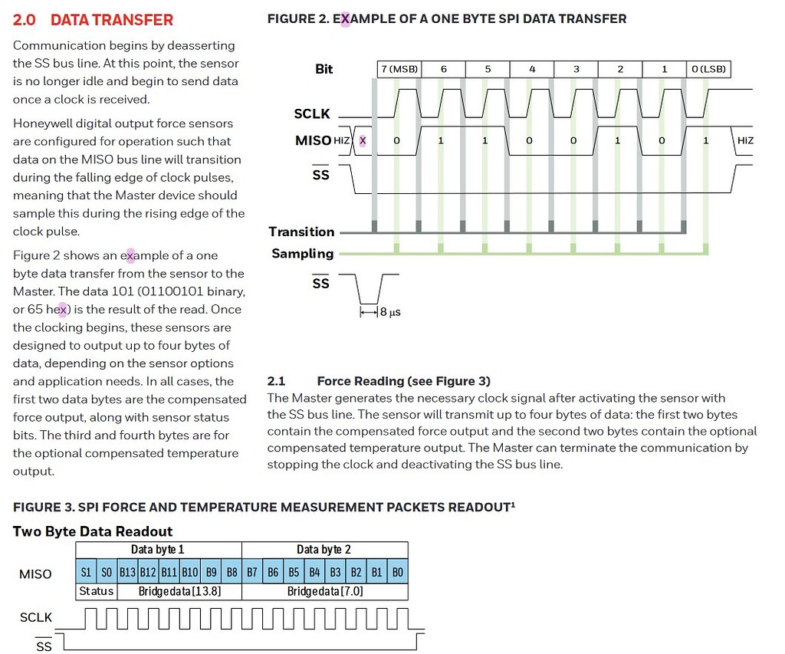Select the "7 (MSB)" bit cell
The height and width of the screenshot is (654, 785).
[399, 69]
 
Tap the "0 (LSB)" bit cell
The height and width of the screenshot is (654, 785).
[708, 69]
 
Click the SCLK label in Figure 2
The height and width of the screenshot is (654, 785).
[312, 113]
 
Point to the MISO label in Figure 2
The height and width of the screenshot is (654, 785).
[313, 140]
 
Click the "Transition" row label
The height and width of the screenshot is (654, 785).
[301, 232]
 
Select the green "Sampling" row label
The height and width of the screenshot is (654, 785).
[303, 254]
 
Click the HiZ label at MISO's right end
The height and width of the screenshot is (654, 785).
[744, 140]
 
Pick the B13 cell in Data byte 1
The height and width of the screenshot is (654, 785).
[127, 573]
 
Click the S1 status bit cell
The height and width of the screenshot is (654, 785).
[86, 573]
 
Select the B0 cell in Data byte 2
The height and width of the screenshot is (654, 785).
[397, 573]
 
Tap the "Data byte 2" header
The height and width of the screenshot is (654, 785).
[324, 550]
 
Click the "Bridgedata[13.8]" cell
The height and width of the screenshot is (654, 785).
[179, 591]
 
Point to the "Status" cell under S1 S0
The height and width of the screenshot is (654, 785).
[96, 591]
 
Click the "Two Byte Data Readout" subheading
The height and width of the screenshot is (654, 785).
[93, 531]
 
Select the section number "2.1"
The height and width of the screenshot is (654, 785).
[276, 381]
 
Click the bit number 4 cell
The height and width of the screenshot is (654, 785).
[532, 69]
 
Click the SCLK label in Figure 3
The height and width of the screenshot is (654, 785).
[36, 617]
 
